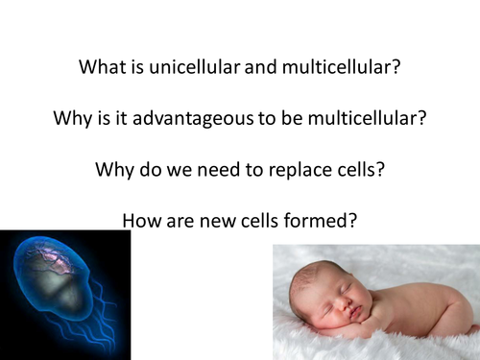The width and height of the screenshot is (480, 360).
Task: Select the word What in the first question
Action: pos(100,68)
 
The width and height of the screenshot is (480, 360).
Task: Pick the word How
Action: pos(140,220)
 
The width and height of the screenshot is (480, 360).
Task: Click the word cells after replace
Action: pos(353,170)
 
